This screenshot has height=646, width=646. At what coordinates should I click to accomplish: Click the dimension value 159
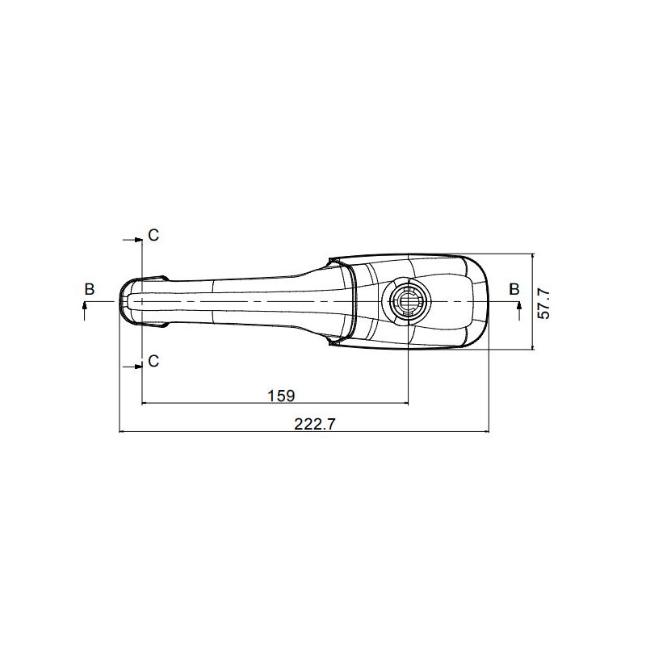point(281,395)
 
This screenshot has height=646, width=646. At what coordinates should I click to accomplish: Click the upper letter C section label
point(153,235)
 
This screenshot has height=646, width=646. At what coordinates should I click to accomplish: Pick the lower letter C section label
point(153,361)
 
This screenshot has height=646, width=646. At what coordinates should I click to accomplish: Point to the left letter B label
point(90,289)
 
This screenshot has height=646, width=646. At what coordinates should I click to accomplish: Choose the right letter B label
point(514,289)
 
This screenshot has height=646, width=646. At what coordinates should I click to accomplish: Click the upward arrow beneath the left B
point(85,310)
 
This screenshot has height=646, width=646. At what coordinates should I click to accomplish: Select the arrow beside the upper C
point(132,240)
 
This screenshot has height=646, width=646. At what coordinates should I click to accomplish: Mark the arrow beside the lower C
point(132,367)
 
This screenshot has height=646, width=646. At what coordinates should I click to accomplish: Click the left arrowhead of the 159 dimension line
point(145,404)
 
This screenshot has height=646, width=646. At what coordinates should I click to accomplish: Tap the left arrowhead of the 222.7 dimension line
point(124,432)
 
